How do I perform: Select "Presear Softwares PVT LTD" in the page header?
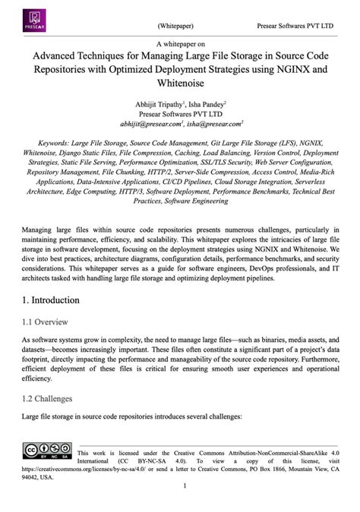click(295, 25)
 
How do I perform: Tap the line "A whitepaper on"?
click(180, 45)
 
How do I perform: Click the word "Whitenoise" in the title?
click(179, 82)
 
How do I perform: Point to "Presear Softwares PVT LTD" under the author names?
click(180, 113)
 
